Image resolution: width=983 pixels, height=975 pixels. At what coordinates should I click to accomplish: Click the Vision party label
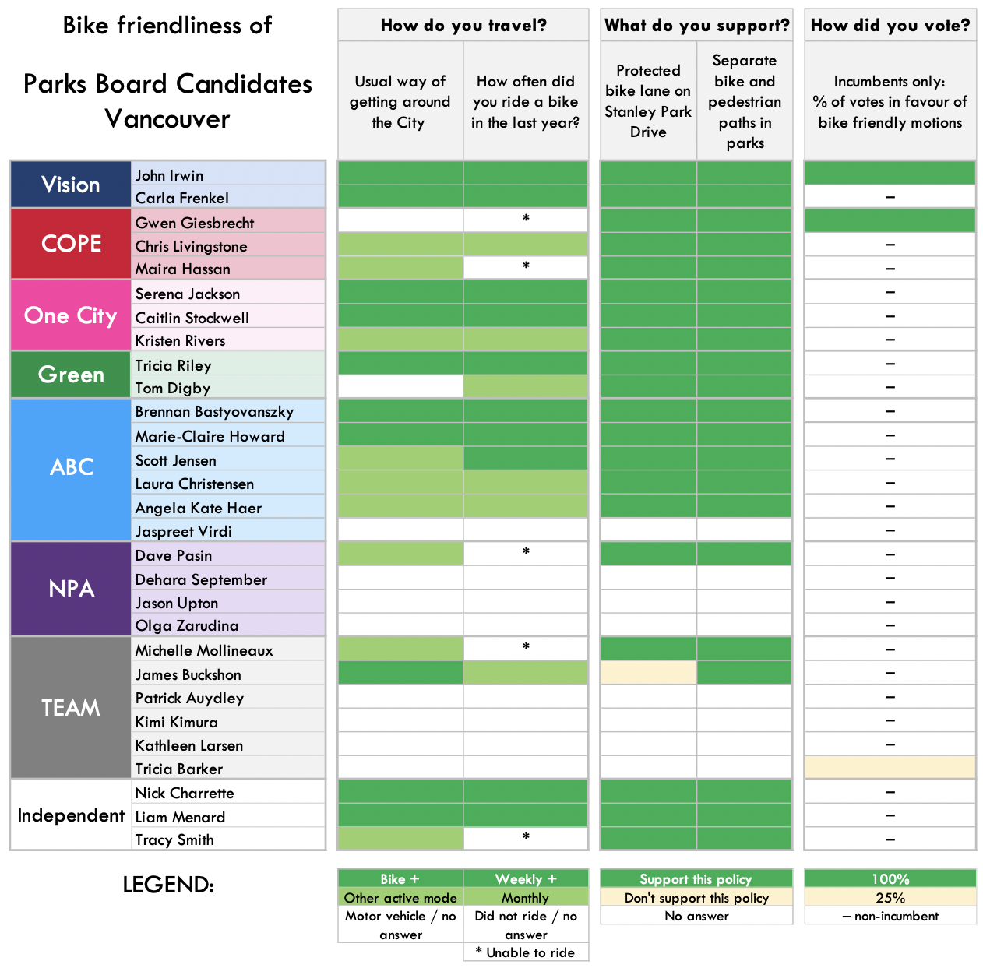click(71, 185)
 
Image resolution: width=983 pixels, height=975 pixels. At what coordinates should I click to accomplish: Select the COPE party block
click(71, 244)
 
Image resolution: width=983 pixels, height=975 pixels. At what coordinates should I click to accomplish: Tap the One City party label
click(71, 315)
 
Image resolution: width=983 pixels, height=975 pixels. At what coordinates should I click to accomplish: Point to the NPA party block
click(71, 589)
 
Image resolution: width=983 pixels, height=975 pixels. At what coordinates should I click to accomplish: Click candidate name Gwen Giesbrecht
click(195, 223)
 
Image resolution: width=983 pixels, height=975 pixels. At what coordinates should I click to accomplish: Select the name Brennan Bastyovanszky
click(214, 411)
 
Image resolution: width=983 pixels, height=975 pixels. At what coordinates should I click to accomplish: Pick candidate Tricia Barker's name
click(179, 769)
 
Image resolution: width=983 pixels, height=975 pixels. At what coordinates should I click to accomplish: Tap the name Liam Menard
click(180, 817)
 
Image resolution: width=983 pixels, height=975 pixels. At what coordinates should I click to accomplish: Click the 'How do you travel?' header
click(463, 26)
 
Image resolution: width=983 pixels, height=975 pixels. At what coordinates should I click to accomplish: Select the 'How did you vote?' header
click(890, 26)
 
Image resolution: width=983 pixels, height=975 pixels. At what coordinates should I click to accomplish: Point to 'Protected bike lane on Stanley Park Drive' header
click(648, 101)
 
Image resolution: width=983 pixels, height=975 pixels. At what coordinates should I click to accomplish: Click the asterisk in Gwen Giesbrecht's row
click(526, 219)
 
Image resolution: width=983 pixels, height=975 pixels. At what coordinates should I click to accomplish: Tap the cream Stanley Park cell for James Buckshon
click(648, 673)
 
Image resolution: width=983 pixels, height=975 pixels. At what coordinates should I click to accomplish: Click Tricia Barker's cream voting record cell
click(890, 768)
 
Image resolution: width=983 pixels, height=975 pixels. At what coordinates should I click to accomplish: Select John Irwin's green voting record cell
click(890, 173)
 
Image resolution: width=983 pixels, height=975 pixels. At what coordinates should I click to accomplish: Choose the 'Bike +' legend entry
click(400, 878)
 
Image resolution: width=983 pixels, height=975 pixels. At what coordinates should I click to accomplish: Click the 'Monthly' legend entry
click(526, 897)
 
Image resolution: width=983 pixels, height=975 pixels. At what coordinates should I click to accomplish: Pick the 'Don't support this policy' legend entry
click(696, 897)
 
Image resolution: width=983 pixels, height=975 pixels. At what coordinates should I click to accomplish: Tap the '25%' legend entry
click(890, 897)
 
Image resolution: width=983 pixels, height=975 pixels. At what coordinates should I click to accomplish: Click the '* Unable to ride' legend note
click(526, 952)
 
